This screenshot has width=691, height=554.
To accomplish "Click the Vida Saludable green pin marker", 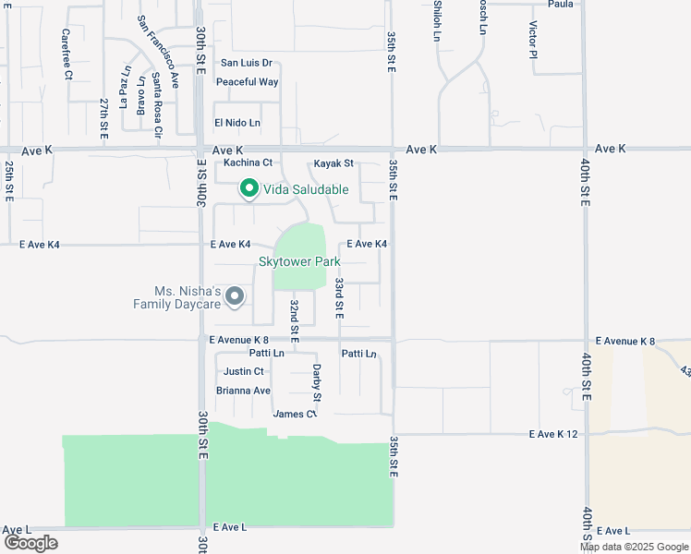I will point(249,189).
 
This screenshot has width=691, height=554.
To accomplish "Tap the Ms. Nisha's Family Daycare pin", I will point(235,296).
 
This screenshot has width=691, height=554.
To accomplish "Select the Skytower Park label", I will point(300,261).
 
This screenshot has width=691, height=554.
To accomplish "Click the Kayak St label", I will point(333,163).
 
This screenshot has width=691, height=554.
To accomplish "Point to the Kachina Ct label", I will point(249,163).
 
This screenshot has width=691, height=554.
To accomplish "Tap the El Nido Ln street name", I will point(237,123).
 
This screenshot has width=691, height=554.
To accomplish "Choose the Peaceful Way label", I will point(247,82).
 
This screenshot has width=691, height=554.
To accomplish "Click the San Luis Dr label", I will point(247,63).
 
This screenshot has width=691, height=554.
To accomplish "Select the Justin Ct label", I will point(244,371).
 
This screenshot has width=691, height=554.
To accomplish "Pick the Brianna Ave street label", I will point(243,391).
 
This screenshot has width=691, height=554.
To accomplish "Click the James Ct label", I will point(295,414).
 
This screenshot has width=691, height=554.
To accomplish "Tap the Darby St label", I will point(317,382).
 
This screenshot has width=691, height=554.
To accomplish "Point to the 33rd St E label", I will point(340,298).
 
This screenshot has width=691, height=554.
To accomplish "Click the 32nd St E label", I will point(295,317).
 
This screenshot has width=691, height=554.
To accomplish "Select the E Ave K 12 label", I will point(552,434).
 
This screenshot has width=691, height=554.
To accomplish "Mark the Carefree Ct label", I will point(67,54).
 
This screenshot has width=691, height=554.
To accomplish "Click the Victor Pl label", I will point(533,41).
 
